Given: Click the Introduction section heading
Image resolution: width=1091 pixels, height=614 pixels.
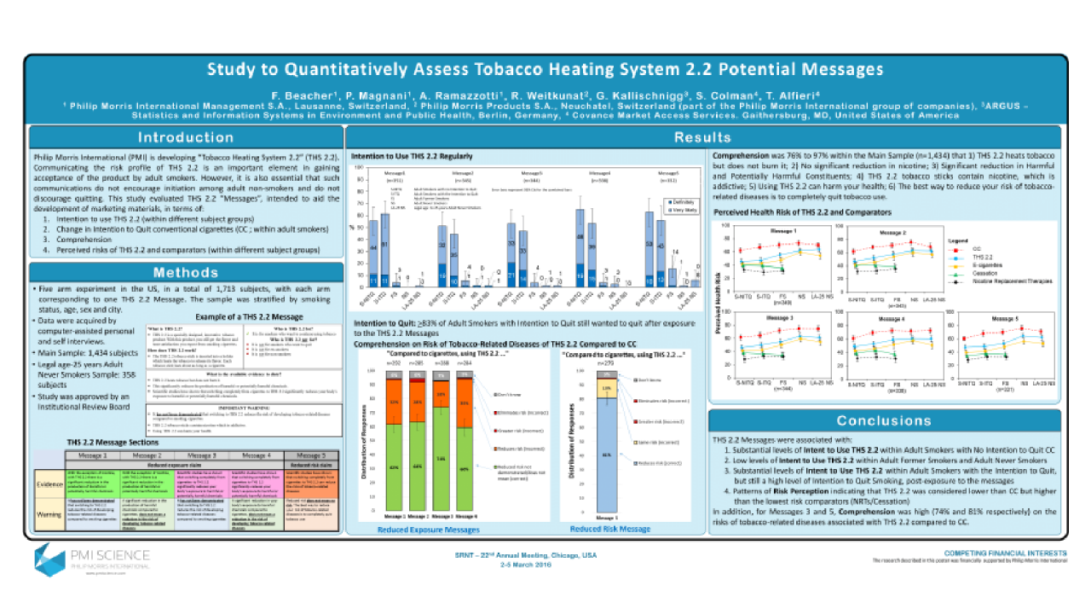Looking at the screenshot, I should [x=186, y=137].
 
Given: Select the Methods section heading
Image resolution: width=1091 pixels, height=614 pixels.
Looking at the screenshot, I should [x=186, y=273].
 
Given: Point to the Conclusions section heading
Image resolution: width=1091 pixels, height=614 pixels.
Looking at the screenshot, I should [x=883, y=420].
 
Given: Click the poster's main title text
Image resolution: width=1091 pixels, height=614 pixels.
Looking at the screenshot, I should [x=545, y=69].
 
